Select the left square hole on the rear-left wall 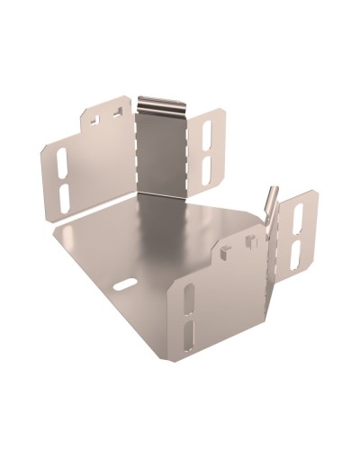coord(95,117)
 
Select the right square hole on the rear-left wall coord(115,112)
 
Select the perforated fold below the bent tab coord(267,270)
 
